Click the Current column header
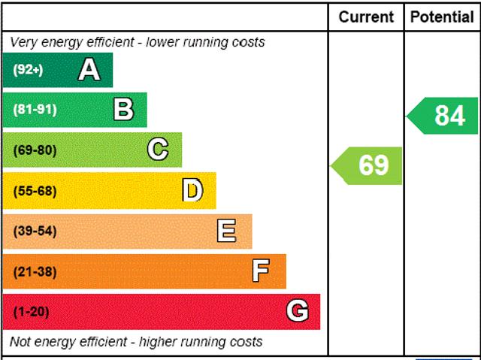point(366,17)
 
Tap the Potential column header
point(442,17)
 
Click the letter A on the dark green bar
point(89,70)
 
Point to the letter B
point(123,110)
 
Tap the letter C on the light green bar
point(158,150)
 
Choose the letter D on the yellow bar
point(192,190)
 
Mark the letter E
point(226,231)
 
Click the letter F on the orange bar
point(261,271)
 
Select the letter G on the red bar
point(298,311)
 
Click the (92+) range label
point(28,70)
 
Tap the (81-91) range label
point(35,110)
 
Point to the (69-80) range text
point(35,150)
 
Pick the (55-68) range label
point(35,190)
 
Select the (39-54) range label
point(35,231)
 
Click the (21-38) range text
point(35,271)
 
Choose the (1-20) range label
point(31,311)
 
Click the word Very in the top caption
point(23,42)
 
